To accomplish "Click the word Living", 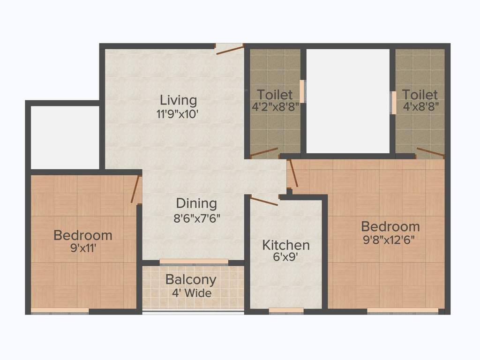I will point(178,100).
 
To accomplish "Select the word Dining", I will point(196,203).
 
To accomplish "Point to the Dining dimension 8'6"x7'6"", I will point(196,217).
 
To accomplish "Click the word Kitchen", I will point(285,245).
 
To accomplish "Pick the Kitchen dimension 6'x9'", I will point(285,258).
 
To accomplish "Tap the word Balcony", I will point(191,280).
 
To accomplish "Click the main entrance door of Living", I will point(230,49).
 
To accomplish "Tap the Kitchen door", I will point(264,201).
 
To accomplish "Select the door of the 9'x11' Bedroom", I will point(136,189).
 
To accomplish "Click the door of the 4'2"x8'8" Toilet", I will point(264,152).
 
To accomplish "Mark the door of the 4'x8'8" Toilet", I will point(430,152).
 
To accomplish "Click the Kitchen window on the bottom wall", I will point(286,310).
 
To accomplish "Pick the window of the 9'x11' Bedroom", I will point(60,310).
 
